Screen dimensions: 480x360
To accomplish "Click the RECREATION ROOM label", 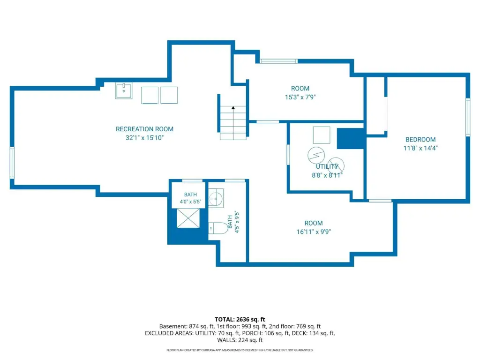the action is tap(144, 129).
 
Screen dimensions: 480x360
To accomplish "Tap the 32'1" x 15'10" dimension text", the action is tap(144, 138).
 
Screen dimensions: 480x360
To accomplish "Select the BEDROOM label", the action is tap(420, 140).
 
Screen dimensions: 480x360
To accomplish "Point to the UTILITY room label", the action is tap(327, 166).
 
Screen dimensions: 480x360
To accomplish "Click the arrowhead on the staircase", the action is tap(233, 108).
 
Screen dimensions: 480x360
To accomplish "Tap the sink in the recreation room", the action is tap(124, 90).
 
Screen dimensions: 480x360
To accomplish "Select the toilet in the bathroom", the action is tap(218, 228).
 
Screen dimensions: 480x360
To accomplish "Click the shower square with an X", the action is tap(188, 218).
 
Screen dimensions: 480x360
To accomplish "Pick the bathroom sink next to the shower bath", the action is tap(216, 198).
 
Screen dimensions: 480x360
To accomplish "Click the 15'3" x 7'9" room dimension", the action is tap(300, 97).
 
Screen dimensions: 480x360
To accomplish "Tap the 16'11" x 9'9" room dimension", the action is tap(314, 232).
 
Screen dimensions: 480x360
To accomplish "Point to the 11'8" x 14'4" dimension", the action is tap(420, 148).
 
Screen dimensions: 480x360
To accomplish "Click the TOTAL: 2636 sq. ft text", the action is tap(240, 319).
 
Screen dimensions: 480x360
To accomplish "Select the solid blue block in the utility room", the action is tap(351, 139).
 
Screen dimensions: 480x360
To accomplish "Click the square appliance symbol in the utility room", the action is tap(322, 135).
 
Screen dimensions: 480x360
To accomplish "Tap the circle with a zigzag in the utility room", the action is tap(316, 155).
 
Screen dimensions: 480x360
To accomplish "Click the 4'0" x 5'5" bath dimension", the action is tap(190, 202).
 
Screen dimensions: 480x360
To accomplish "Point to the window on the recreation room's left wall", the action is tap(12, 163).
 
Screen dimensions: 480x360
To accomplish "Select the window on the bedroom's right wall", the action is tap(468, 117).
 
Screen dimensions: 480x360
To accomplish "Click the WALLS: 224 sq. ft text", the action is tap(240, 340).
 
